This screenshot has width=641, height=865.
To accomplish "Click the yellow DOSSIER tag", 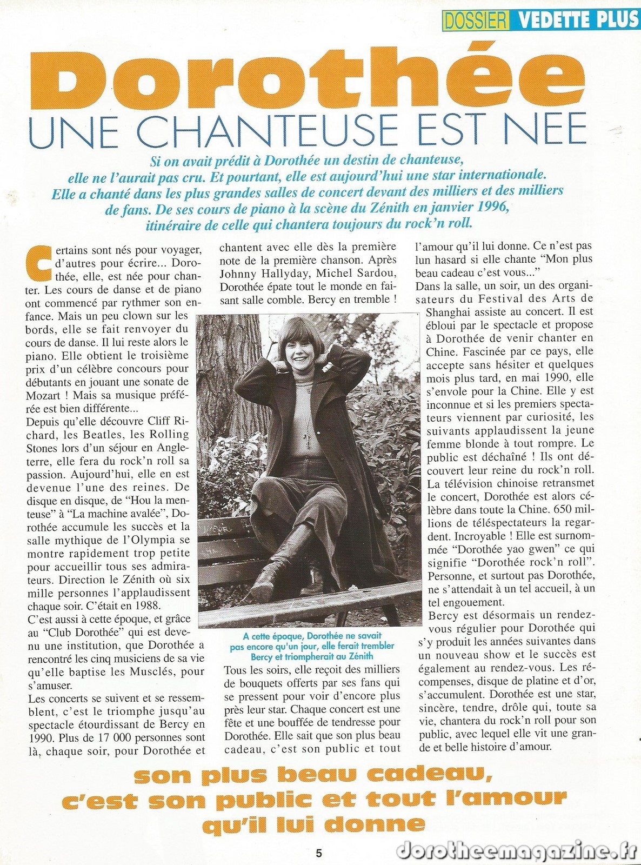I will click(x=475, y=20).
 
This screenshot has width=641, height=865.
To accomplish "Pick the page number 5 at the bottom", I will click(x=319, y=854).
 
